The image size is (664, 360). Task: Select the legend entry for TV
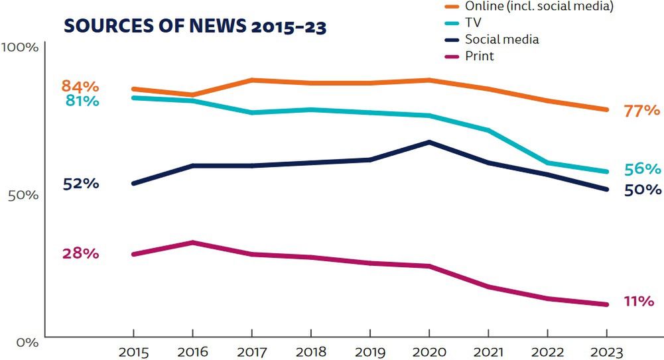pos(473,23)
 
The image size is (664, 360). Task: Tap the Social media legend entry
pos(501,39)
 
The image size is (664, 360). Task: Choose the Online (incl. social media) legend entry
pos(538,6)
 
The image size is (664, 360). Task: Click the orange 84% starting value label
pos(80,86)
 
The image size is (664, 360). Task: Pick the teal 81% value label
pos(82,101)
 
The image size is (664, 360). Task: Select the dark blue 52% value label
pos(81,184)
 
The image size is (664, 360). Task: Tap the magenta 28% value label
pos(81,253)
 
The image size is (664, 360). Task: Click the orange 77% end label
pos(641,111)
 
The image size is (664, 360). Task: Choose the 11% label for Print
pos(639,301)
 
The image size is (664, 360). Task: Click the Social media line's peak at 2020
pos(429,142)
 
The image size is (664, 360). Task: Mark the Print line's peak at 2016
pos(192,242)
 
